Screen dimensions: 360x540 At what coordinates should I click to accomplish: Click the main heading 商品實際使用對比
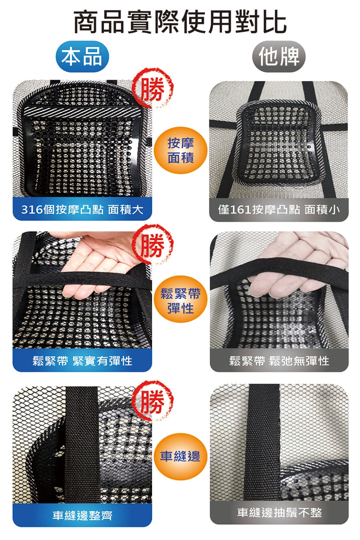(x=180, y=22)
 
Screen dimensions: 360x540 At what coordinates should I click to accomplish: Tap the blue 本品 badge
(x=82, y=57)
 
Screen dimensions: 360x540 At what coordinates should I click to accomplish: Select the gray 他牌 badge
(x=279, y=57)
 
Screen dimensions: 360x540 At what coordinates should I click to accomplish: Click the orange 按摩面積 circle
(x=180, y=150)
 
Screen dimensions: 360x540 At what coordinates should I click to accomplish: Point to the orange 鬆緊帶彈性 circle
(x=180, y=299)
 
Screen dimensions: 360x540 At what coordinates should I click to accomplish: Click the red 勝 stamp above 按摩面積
(x=153, y=89)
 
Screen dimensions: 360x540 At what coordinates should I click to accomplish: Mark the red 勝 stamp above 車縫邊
(x=153, y=401)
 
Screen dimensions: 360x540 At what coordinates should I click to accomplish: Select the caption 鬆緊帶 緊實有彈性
(x=82, y=361)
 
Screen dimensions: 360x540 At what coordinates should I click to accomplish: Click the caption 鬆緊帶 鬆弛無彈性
(x=279, y=361)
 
